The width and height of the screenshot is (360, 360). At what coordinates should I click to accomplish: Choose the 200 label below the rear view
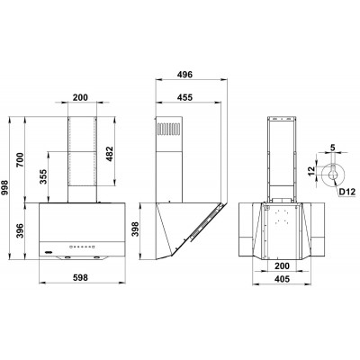pyautogui.click(x=283, y=267)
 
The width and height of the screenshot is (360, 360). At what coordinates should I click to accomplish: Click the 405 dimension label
pyautogui.click(x=283, y=280)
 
